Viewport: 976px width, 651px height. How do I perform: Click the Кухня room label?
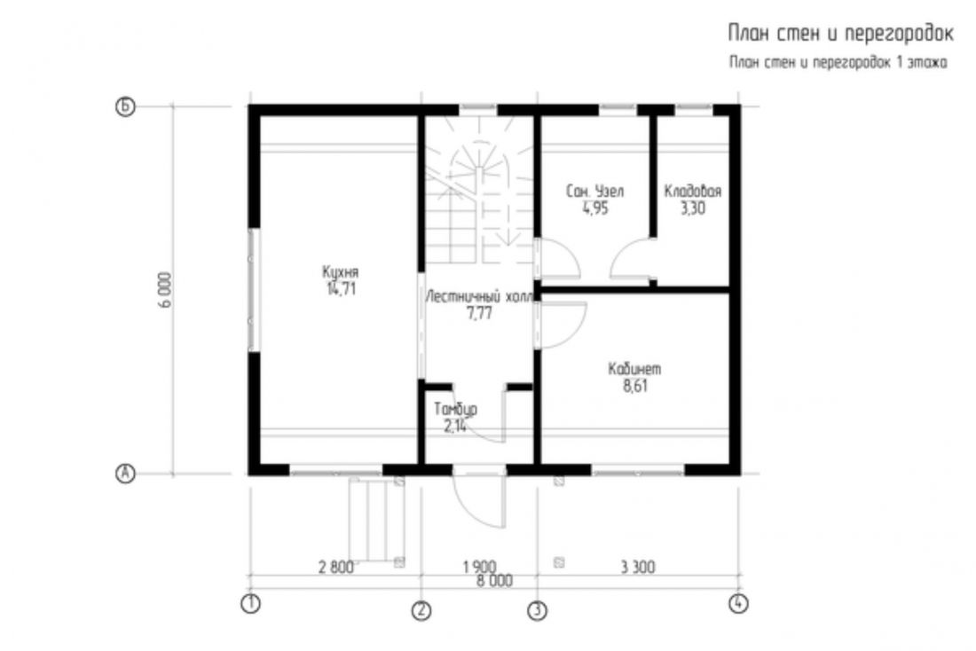[x=340, y=272]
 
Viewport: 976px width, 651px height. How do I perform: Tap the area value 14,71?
[x=341, y=289]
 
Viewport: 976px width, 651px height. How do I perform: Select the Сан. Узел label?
[x=594, y=191]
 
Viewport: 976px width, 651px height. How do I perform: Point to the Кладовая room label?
[x=692, y=191]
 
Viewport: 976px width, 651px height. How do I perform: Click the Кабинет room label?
[x=634, y=369]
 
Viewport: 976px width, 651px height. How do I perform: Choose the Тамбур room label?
[x=456, y=410]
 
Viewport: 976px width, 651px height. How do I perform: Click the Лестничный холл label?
[x=478, y=297]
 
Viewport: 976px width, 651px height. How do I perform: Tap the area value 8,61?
[x=635, y=386]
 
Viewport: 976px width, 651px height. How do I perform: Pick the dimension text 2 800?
[x=335, y=568]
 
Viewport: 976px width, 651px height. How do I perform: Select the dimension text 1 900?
[x=479, y=568]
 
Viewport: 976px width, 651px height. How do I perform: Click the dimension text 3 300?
[x=638, y=568]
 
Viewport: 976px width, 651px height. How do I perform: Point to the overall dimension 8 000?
[x=495, y=581]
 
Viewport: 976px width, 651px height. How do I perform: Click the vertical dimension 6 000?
[x=164, y=290]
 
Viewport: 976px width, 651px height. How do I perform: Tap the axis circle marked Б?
[x=125, y=107]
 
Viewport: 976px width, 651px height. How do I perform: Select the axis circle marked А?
[x=125, y=474]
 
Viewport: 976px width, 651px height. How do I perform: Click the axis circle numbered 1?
[x=250, y=604]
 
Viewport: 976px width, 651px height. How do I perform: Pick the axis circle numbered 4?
[x=738, y=604]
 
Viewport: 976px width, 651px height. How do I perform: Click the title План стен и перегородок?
[x=840, y=34]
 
